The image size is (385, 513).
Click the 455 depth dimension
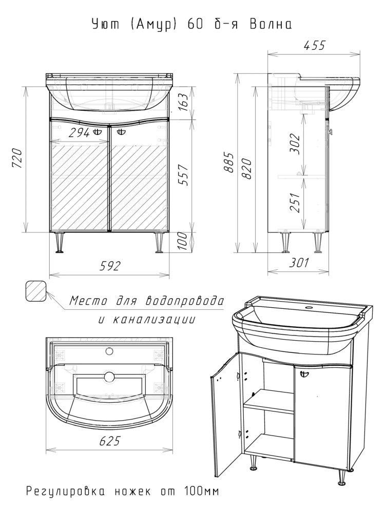pos(314,45)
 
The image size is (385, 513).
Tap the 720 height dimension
pos(17,159)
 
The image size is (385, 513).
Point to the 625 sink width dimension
pos(109,441)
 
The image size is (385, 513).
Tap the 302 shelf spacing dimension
pos(295,144)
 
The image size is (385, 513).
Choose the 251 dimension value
pos(295,202)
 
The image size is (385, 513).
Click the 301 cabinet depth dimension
pos(298,262)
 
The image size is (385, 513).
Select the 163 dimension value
pos(184,103)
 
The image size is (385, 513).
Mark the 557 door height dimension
pos(184,174)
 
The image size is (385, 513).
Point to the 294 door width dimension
pos(80,132)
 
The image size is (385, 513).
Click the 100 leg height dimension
pos(184,242)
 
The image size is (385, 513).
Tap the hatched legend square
pos(36,291)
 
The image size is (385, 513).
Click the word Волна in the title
pos(271,25)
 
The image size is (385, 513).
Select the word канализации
pos(153,319)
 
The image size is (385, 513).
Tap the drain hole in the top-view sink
pos(109,376)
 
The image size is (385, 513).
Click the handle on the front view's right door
pos(121,132)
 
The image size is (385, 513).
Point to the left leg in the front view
pos(60,243)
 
